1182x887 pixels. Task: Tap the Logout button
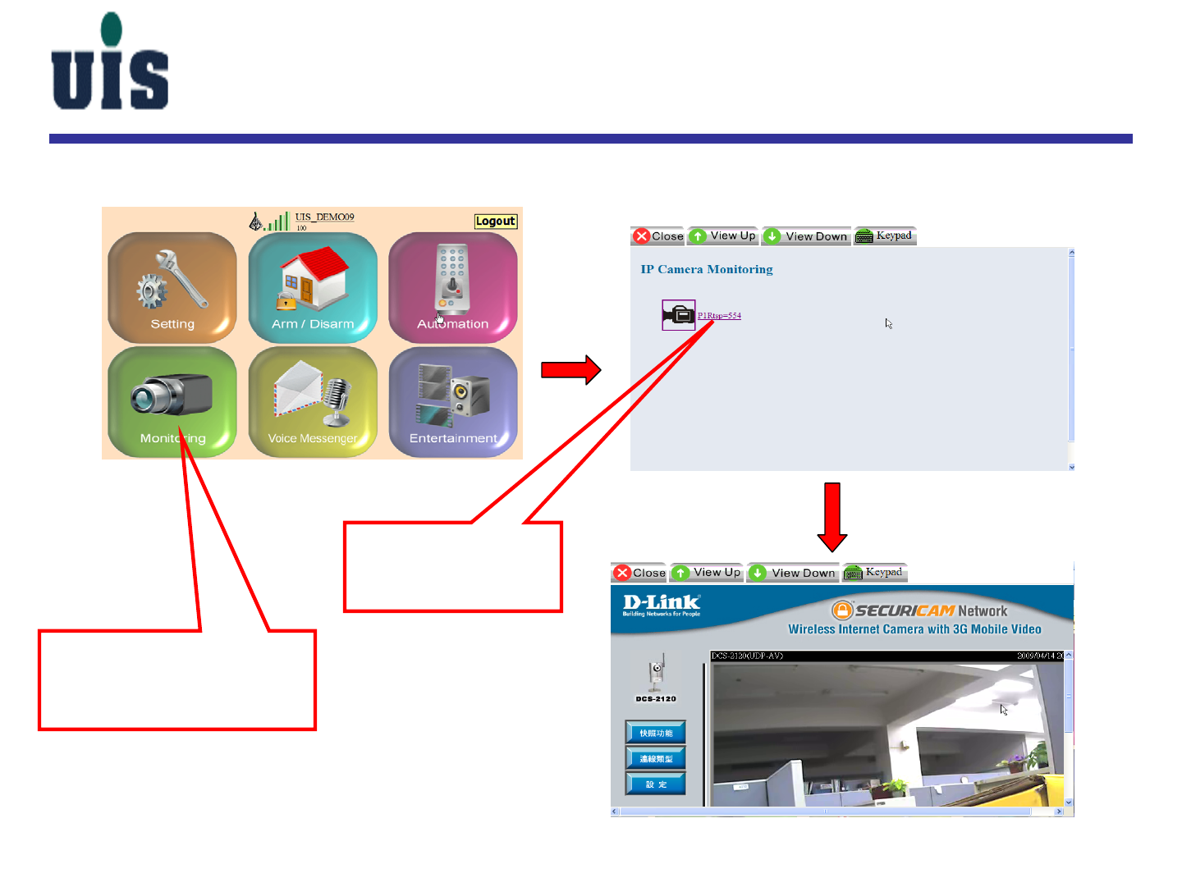pos(496,222)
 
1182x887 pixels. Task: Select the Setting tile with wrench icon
pos(172,287)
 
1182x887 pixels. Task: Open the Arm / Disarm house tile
pos(313,287)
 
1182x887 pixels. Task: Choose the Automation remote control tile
pos(453,287)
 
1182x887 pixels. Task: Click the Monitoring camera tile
pos(172,401)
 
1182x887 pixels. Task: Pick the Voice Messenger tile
pos(313,401)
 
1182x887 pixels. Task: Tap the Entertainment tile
pos(453,401)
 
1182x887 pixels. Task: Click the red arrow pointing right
pos(571,370)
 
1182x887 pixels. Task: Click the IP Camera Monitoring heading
pos(707,269)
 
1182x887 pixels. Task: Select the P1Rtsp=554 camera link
pos(719,316)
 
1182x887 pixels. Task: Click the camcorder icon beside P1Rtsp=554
pos(679,315)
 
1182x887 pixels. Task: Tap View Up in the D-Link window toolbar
pos(708,573)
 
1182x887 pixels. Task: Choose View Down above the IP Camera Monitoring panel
pos(807,236)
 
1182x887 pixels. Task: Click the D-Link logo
pos(661,605)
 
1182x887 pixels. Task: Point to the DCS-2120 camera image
pos(656,676)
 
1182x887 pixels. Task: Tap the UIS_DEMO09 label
pos(324,217)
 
